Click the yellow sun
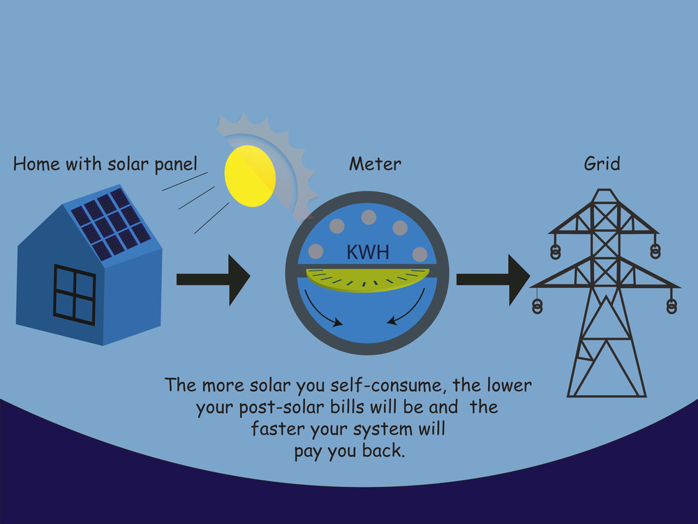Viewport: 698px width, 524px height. click(250, 175)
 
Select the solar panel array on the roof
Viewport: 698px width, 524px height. click(111, 223)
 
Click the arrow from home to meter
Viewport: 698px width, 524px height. click(213, 279)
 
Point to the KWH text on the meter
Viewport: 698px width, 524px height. click(368, 252)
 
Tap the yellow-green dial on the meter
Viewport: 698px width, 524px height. click(368, 282)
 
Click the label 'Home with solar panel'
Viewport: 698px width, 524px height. click(105, 164)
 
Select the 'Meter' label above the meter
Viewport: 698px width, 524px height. click(375, 164)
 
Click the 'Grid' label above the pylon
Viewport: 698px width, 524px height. click(602, 164)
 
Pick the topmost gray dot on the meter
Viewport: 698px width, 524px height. click(369, 217)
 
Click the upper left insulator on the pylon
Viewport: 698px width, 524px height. click(556, 250)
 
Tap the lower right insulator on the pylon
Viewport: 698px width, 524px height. click(671, 305)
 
